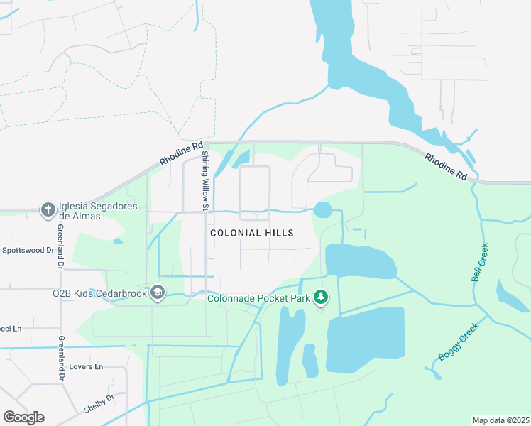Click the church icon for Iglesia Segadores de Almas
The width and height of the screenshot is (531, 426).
48,209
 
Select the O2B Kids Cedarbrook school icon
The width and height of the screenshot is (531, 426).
158,293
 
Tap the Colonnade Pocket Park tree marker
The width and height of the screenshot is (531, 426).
321,297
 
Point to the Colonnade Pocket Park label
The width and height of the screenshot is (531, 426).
258,298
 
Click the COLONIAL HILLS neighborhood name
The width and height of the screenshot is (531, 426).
252,233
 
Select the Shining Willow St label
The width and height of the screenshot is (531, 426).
204,180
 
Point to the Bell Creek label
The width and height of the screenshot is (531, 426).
481,262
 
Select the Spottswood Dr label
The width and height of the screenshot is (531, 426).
28,251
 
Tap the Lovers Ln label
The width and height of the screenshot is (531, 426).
86,367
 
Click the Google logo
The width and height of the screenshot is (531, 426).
23,417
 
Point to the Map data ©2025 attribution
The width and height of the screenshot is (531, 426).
500,420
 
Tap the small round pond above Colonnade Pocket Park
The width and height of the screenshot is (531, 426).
322,209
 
